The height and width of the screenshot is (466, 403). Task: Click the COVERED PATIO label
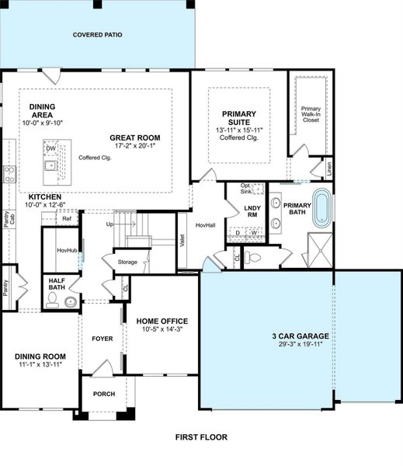point(97,35)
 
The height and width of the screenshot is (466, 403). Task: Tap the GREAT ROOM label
point(134,137)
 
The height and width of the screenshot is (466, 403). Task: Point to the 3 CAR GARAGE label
point(300,337)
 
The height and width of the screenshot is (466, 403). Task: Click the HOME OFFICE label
point(162,320)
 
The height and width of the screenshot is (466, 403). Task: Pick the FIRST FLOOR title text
point(200,437)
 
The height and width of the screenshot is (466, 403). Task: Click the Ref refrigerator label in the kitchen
point(67,219)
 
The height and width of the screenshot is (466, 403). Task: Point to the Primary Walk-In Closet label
point(311,113)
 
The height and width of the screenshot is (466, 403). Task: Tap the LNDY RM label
point(252,211)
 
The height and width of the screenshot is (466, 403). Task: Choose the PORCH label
point(103,394)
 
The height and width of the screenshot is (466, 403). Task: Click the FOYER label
point(102,339)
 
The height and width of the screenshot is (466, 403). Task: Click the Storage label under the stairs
point(127,263)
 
